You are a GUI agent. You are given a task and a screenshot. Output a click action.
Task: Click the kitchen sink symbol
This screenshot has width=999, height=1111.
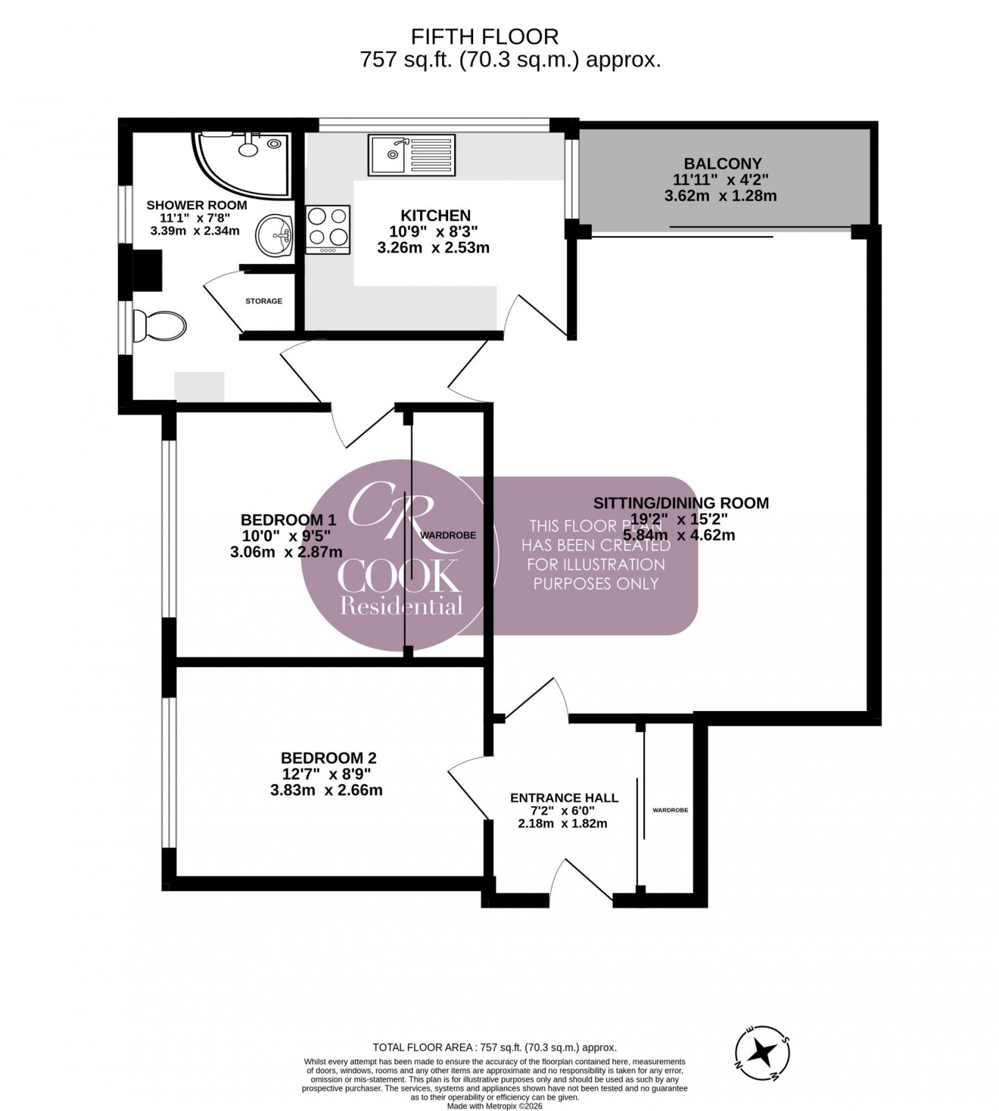[412, 155]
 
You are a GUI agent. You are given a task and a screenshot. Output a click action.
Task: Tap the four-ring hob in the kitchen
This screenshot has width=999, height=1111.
[328, 229]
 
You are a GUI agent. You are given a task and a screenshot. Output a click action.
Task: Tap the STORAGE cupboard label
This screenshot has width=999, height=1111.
[263, 301]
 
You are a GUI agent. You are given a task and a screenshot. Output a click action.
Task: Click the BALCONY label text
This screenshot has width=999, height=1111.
[722, 163]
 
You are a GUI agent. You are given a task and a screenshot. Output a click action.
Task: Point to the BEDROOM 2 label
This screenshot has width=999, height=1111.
[328, 758]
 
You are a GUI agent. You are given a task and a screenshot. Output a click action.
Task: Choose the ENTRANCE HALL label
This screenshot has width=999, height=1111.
[564, 798]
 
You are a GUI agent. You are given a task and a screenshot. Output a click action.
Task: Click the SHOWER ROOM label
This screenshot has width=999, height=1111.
[196, 205]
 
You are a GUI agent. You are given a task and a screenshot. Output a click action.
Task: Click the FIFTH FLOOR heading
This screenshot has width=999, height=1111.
[484, 36]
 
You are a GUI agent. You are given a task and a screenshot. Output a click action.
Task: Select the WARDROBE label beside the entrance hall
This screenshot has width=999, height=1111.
[671, 810]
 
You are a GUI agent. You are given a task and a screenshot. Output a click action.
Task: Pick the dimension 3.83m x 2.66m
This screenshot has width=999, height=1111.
[326, 790]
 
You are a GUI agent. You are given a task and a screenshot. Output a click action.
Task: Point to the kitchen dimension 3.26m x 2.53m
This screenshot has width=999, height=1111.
[433, 247]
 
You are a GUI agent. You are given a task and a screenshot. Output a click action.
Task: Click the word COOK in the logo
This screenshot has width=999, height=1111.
[399, 577]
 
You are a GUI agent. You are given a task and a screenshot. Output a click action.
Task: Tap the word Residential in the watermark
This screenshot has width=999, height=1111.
[401, 606]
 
